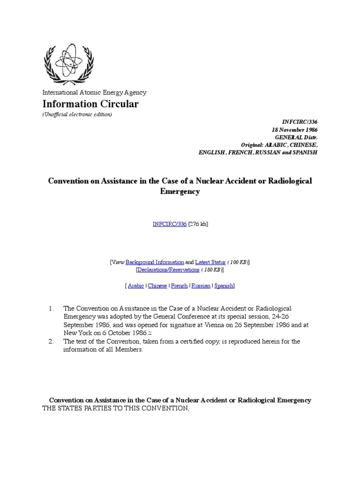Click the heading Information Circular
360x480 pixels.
pos(90,104)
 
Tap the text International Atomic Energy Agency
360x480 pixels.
pos(94,93)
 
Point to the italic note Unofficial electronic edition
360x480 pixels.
pos(77,114)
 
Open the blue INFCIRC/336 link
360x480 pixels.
pos(170,224)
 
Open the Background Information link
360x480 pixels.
pos(155,262)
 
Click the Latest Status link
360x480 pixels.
pos(210,262)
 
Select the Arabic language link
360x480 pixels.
pos(135,285)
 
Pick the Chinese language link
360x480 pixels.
pos(157,285)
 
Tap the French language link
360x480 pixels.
pos(179,285)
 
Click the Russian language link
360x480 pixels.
pos(201,285)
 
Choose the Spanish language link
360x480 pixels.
pos(224,285)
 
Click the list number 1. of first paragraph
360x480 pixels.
pos(52,308)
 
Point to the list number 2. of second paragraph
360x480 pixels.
pos(52,341)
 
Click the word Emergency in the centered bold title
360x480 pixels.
pos(180,191)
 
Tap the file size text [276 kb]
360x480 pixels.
pos(198,224)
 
